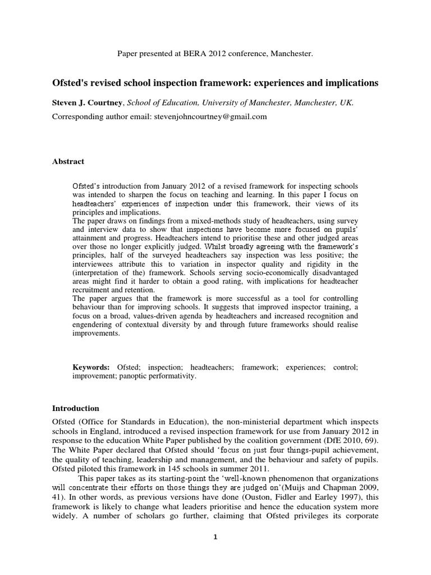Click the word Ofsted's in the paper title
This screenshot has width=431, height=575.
tap(70, 83)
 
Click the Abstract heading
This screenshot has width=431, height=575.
tap(68, 162)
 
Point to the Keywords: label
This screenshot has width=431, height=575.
tap(93, 367)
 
